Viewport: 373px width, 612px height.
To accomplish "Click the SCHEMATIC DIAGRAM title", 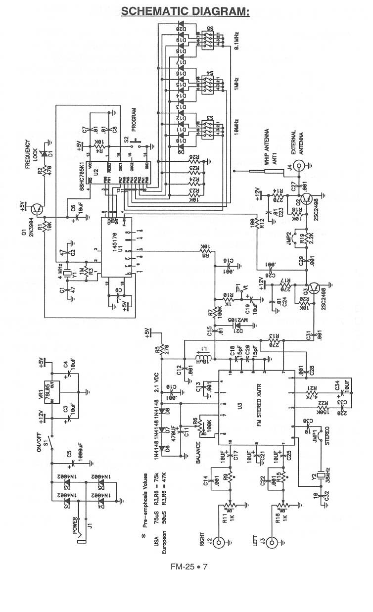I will coord(186,11).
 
